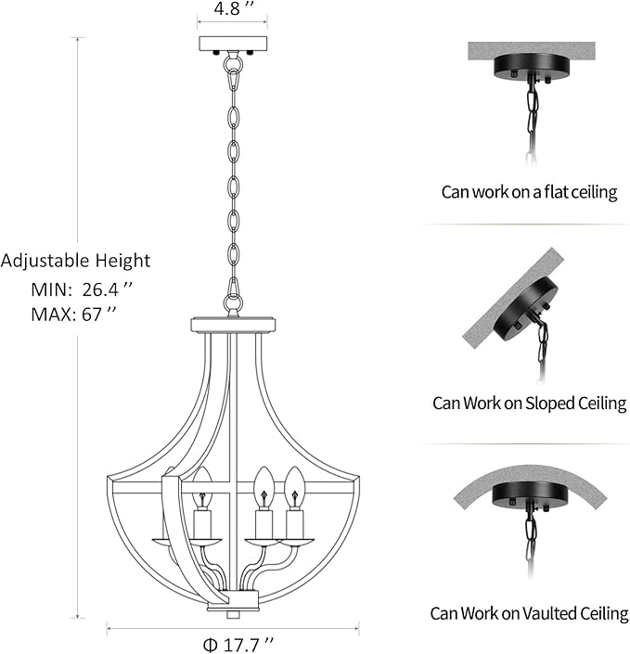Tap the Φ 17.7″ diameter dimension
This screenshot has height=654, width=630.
239,644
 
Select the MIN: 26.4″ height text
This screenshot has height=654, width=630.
82,289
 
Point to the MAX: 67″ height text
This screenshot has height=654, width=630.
73,314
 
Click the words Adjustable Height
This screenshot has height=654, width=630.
75,261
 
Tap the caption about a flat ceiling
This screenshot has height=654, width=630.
529,192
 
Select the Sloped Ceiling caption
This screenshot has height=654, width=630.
530,404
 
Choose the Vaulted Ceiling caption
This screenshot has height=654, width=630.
529,613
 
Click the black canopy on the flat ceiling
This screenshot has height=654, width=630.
531,66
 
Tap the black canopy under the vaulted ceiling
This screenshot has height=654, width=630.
531,494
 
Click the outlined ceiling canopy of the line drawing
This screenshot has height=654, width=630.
233,45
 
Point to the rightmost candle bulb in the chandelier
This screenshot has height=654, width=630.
295,486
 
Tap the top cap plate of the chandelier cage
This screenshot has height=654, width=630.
233,325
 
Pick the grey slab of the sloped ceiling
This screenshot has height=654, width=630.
513,298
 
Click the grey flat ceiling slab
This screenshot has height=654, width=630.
531,51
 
